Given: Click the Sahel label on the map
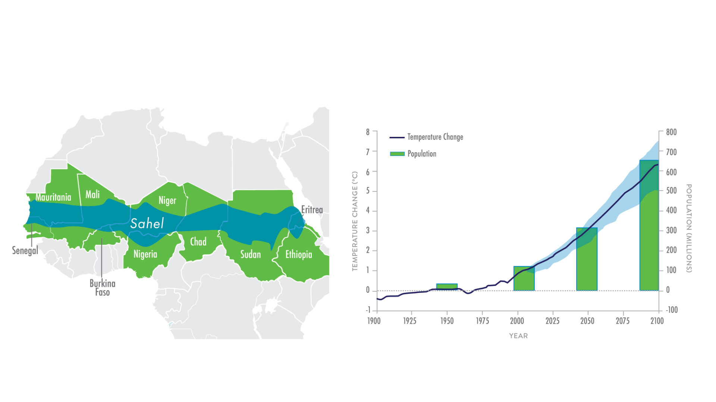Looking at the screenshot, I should [x=147, y=223].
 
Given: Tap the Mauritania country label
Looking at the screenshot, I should [x=53, y=197].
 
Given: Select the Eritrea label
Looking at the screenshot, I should [x=312, y=210].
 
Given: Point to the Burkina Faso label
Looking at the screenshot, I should [x=102, y=288].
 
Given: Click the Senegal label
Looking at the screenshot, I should [x=25, y=250].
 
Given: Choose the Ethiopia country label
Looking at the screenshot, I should [x=298, y=254].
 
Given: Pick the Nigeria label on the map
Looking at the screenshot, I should [x=145, y=254].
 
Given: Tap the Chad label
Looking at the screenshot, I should [x=198, y=242].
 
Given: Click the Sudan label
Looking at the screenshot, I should [x=250, y=254].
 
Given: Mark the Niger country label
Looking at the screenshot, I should [x=167, y=200].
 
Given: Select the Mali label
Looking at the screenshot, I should [x=92, y=194].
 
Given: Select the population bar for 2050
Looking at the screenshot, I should [x=587, y=259].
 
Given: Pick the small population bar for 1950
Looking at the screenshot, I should [x=447, y=287].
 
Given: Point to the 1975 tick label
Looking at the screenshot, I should [x=482, y=321].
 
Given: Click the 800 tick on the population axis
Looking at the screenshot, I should [x=671, y=132].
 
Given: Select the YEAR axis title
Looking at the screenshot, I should [x=518, y=336].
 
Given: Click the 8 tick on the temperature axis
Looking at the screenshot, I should [x=368, y=132].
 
